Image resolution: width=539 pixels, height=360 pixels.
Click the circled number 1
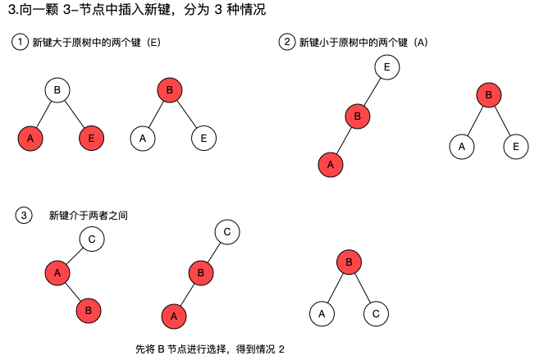pos(20,43)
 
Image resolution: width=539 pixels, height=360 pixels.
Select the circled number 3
pos(24,216)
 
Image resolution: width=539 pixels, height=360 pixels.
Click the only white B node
pos(57,89)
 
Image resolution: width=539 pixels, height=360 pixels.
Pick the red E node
pos(91,139)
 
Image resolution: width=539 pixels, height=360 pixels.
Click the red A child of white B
pos(30,139)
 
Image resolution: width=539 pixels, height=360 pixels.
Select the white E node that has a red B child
pos(386,67)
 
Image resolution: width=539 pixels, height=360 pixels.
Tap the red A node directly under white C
pos(57,271)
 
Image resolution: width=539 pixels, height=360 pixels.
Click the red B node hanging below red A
pos(89,311)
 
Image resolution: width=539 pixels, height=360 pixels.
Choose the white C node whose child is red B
pos(226,232)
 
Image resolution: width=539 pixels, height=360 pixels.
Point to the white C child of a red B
pos(376,312)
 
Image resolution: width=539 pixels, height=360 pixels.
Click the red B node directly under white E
pos(357,116)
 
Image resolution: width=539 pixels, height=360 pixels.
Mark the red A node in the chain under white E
pos(330,164)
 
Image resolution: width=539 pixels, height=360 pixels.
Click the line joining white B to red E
pos(75,114)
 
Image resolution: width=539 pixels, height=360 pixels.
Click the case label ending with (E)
pos(94,43)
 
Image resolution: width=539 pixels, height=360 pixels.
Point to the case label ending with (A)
pos(363,43)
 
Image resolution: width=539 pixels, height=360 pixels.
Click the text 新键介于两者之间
pos(88,216)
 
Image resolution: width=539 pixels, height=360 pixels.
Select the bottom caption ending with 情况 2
pos(208,349)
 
